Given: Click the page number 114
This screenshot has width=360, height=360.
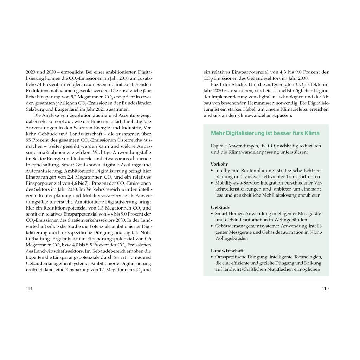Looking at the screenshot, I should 29,289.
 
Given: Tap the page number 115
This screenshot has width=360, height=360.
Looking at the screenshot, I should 325,289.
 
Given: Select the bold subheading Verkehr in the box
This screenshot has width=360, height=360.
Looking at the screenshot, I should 219,165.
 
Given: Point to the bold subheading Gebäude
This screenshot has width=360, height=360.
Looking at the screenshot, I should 220,207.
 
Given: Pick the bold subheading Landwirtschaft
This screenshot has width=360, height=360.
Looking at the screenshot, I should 227,251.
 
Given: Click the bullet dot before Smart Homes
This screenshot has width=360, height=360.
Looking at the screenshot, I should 212,214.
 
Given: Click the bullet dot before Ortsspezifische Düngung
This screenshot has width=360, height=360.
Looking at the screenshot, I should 212,257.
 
